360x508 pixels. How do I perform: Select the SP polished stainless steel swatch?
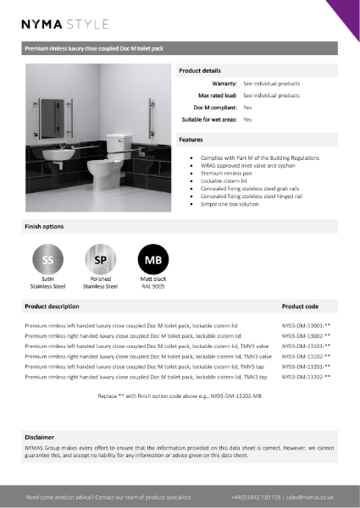(99, 258)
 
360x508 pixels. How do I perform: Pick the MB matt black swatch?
(153, 258)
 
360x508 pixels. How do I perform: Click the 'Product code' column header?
(300, 306)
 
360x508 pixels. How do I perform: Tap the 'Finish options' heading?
(43, 226)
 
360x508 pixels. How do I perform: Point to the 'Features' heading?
(191, 139)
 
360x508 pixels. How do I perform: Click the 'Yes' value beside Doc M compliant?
(247, 108)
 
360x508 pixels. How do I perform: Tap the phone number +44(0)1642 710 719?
(255, 497)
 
